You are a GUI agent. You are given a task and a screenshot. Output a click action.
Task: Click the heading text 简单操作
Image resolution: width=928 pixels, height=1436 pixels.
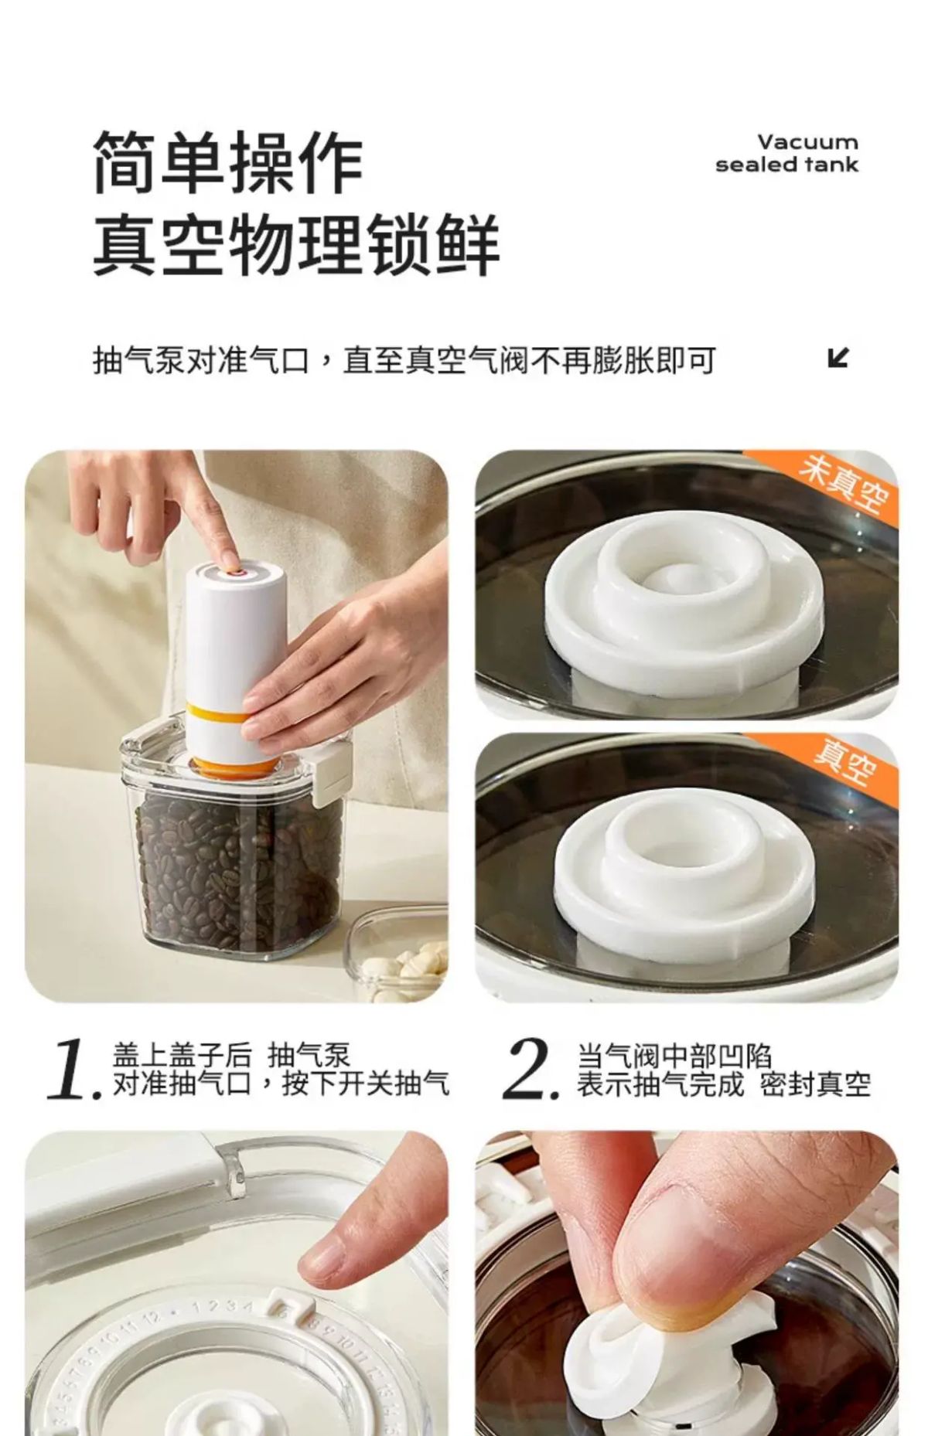(228, 162)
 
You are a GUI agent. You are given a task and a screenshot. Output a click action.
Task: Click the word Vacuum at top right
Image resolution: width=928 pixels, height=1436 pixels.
(807, 142)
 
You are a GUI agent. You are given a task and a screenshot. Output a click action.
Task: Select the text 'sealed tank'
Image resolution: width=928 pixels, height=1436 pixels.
(786, 165)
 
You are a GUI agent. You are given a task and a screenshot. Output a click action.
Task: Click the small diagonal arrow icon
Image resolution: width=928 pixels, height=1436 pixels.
(838, 358)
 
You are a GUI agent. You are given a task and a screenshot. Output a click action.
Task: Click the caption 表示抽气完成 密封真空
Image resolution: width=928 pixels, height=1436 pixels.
(724, 1084)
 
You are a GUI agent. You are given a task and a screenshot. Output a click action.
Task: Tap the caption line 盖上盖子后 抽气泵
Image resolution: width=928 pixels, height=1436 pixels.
(231, 1055)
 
